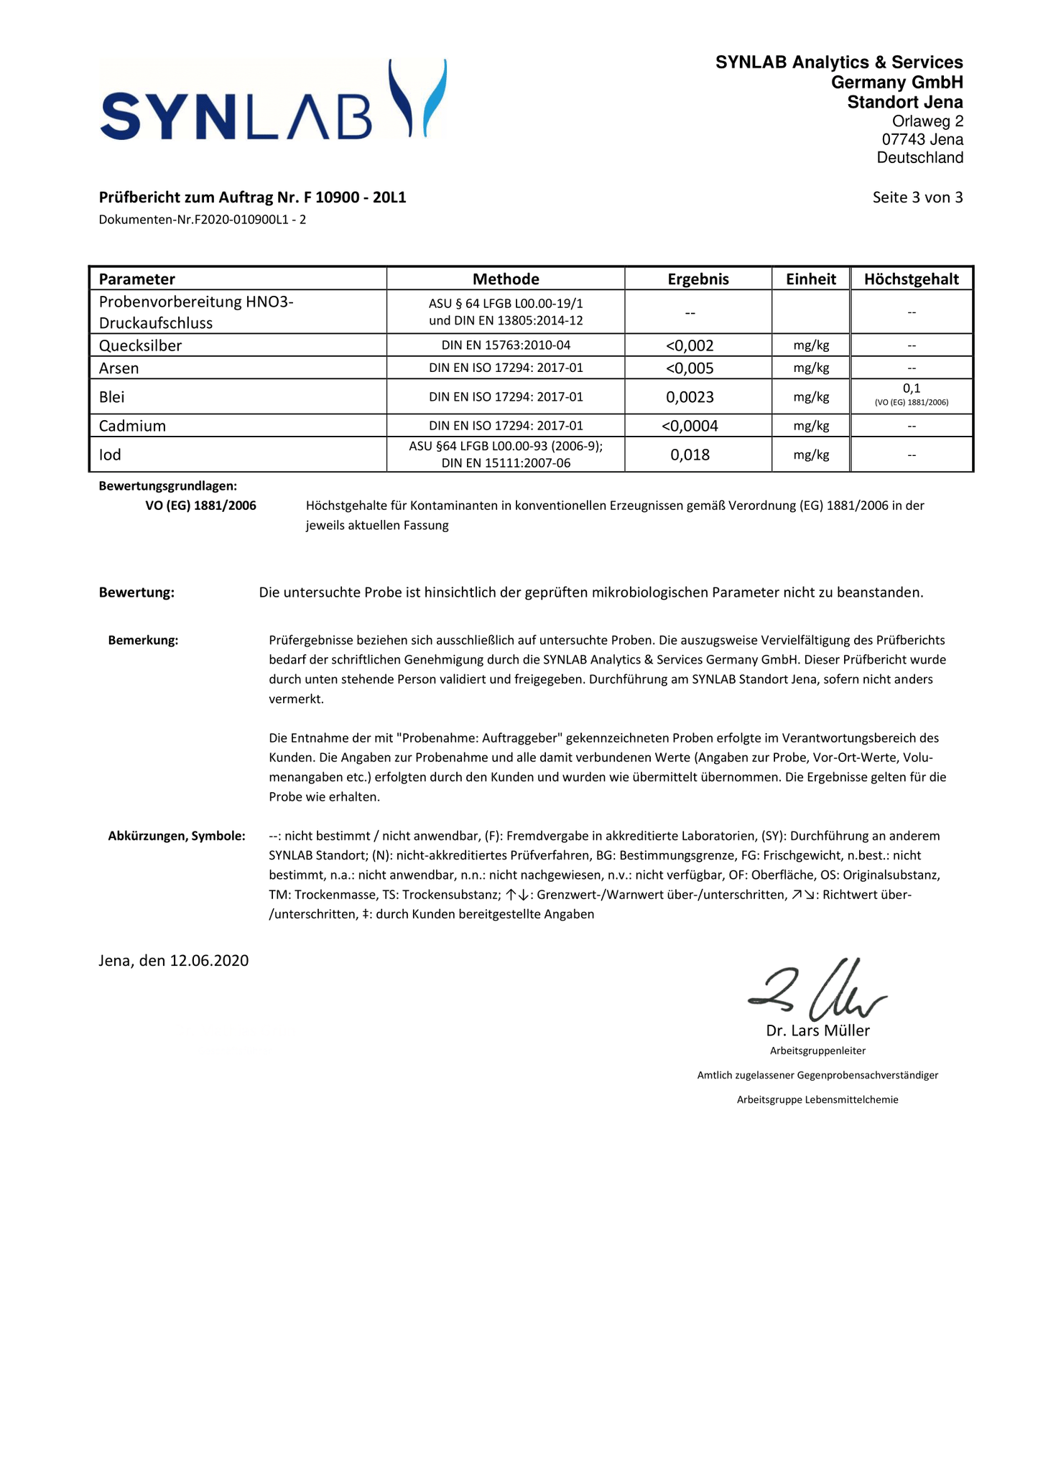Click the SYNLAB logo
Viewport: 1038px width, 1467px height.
273,101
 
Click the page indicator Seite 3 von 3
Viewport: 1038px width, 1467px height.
917,197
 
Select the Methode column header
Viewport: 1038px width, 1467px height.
506,279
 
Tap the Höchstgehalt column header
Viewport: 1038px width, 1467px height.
911,279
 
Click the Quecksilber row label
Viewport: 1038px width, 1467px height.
140,345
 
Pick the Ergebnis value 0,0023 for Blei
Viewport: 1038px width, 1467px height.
690,397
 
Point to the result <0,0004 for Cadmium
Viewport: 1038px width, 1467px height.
690,426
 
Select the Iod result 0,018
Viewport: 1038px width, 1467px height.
690,455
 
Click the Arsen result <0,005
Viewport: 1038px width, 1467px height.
690,368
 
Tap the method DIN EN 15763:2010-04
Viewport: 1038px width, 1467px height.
506,345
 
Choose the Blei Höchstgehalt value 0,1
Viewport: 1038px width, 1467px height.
911,388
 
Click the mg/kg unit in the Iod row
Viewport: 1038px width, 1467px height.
811,455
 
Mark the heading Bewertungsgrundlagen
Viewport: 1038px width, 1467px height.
167,486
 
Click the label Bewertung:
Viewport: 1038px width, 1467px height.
136,592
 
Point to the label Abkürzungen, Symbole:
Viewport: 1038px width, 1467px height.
177,836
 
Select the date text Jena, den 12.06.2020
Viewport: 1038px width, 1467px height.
174,961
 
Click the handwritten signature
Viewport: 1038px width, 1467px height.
817,992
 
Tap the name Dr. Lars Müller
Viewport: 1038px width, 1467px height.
817,1031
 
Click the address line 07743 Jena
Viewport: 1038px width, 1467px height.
922,140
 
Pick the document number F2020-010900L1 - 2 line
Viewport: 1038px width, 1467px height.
203,220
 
